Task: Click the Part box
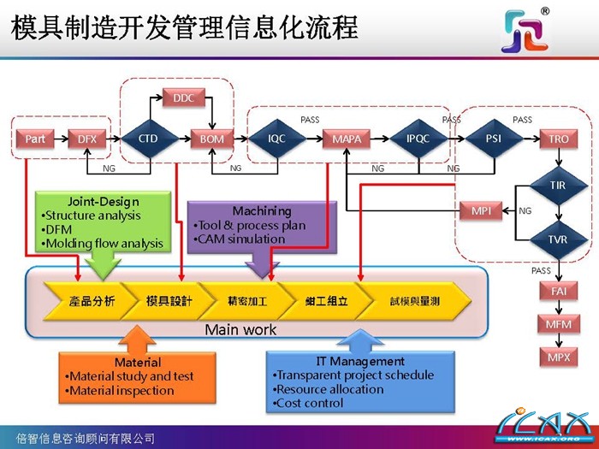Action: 35,139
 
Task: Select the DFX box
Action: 86,139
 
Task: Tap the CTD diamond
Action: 148,138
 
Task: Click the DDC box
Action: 183,98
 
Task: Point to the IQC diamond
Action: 276,138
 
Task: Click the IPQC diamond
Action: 418,138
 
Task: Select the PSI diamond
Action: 494,138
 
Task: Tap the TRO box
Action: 558,139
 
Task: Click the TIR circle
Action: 558,185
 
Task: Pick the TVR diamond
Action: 558,239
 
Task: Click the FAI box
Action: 558,292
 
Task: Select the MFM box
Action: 558,324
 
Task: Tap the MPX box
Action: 558,357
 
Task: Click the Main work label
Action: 240,329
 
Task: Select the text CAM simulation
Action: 240,239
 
